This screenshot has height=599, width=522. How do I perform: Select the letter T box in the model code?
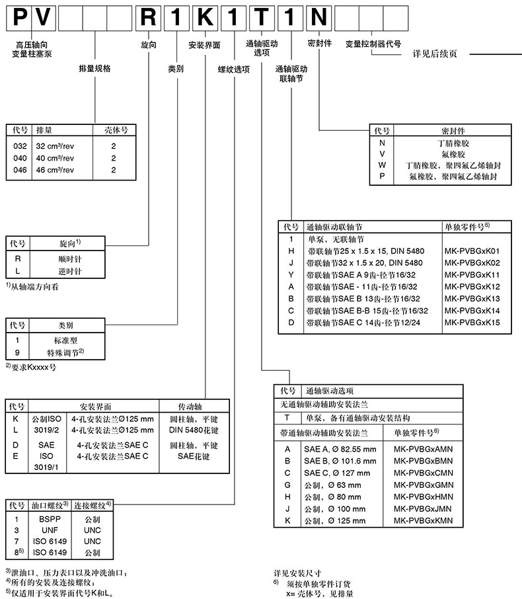(262, 16)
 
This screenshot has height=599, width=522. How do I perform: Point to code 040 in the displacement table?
(15, 159)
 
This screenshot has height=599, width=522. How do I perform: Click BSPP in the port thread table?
(48, 520)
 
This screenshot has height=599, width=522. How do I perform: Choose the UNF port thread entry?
(48, 530)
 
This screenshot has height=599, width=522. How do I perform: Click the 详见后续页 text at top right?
(434, 54)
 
